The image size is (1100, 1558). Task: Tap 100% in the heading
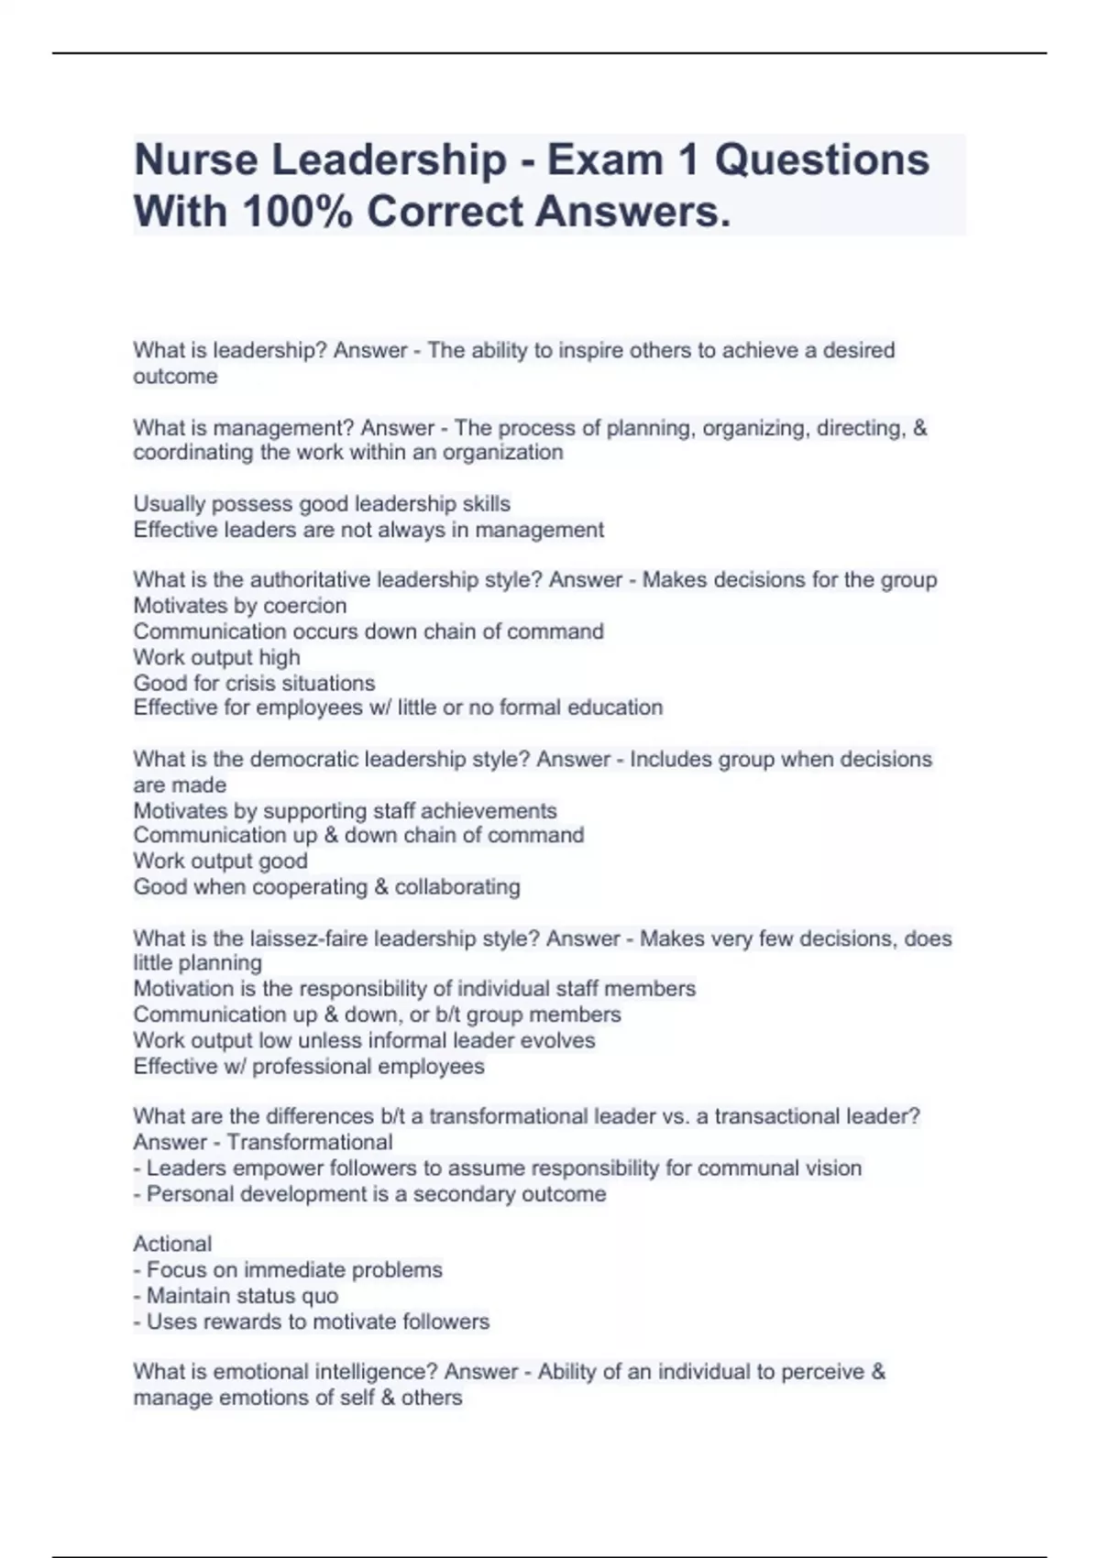tap(297, 212)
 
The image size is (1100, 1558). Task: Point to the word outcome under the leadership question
tap(175, 377)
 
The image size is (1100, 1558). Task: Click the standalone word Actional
tap(172, 1244)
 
